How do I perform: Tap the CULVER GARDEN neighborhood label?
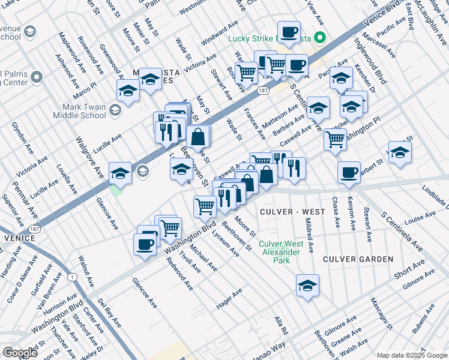358,259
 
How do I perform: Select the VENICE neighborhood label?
17,238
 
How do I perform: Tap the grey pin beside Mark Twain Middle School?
115,110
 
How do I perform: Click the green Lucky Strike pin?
320,40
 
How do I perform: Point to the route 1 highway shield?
72,277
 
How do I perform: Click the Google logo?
20,353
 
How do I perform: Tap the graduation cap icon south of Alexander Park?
307,286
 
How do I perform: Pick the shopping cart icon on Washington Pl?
335,140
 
